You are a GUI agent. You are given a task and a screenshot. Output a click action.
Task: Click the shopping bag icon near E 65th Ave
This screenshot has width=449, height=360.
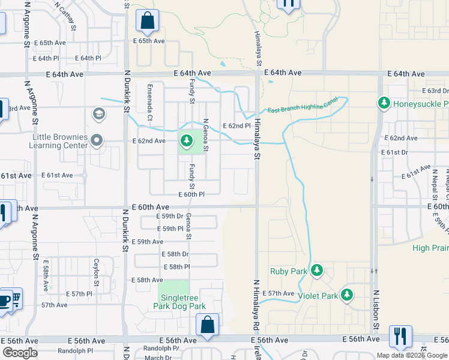[x=147, y=22]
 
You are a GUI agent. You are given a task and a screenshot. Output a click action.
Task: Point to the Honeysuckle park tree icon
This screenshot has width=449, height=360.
[x=384, y=103]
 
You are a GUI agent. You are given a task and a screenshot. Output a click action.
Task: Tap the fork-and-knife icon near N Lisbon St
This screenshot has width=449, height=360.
[x=400, y=336]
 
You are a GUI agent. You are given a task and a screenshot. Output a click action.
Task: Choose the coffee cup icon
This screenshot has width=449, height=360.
[x=5, y=300]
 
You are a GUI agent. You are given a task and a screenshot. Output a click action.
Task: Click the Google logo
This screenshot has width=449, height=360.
[x=20, y=353]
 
